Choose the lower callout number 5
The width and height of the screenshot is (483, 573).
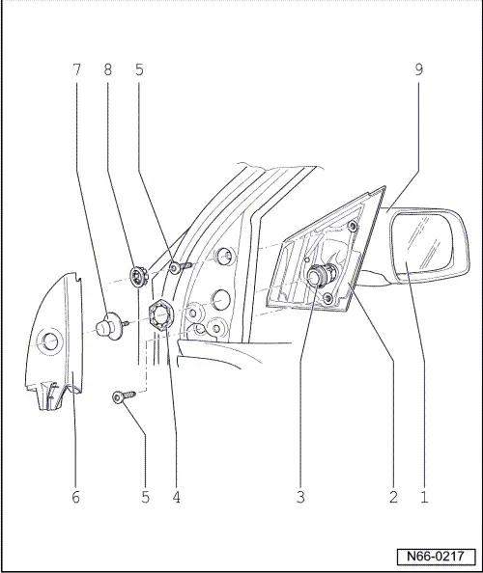pyautogui.click(x=145, y=498)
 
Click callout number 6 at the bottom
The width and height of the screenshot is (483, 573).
pyautogui.click(x=75, y=498)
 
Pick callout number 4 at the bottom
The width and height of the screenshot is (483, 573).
pyautogui.click(x=177, y=498)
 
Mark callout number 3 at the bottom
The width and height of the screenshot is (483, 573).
pyautogui.click(x=301, y=498)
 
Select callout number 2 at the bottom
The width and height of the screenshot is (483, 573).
pyautogui.click(x=393, y=498)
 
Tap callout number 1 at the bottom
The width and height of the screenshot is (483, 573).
pyautogui.click(x=423, y=498)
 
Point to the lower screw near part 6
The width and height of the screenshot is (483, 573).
pyautogui.click(x=121, y=396)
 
